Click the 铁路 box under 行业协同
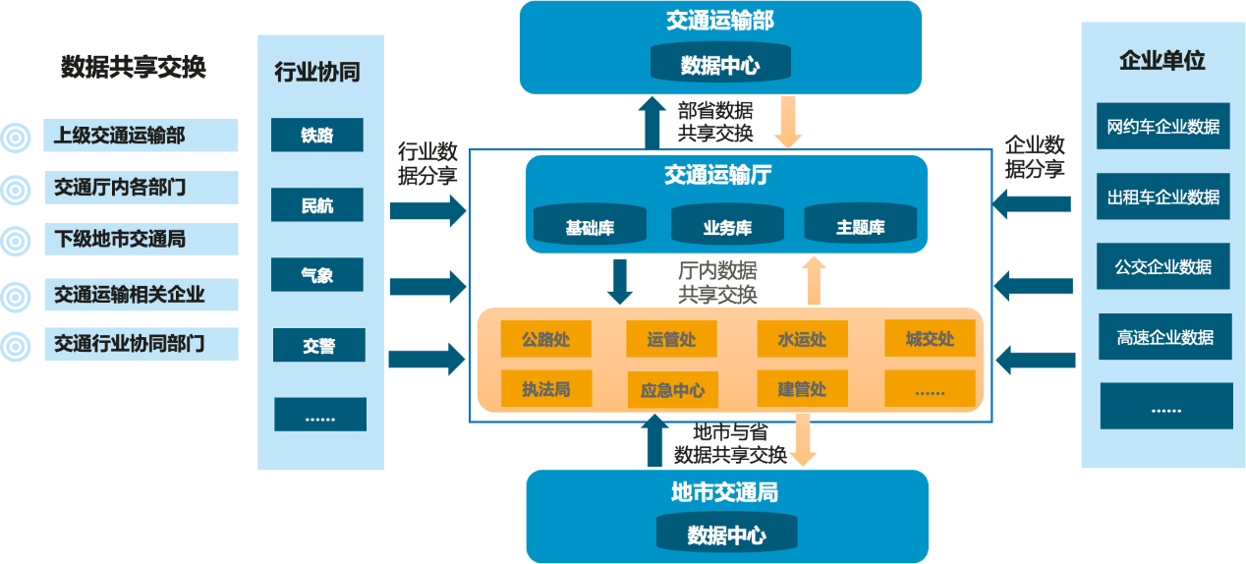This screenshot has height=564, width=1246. click(x=317, y=136)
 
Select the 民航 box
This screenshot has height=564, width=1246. click(x=317, y=205)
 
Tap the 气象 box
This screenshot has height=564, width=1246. click(x=317, y=275)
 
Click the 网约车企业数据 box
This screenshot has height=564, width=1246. click(x=1162, y=126)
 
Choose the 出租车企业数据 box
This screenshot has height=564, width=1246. click(x=1162, y=197)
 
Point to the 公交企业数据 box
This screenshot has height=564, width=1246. click(x=1162, y=266)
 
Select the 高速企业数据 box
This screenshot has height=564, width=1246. click(x=1164, y=337)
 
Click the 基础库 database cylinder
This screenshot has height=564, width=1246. click(x=590, y=227)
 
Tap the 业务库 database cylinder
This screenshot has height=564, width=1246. click(x=727, y=227)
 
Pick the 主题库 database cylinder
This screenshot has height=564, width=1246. click(x=860, y=227)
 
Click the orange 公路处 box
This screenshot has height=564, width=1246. click(x=545, y=340)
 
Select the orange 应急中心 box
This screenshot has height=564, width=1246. click(x=672, y=390)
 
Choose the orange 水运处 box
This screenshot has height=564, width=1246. click(x=802, y=340)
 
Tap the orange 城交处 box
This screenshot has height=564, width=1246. click(x=930, y=339)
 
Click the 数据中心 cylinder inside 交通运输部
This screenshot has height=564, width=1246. click(x=720, y=65)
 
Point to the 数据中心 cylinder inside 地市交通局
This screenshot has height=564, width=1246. click(x=727, y=535)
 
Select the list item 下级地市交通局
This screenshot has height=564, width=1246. click(x=140, y=239)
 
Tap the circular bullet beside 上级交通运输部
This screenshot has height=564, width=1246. click(x=16, y=137)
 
